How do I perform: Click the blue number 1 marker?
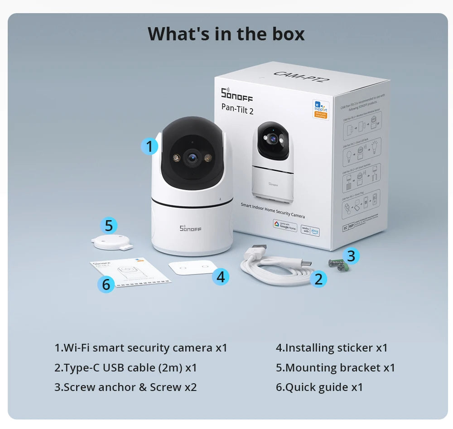point(149,146)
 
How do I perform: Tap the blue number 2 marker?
point(318,279)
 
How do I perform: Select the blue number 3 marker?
point(351,256)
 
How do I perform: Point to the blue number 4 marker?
point(220,276)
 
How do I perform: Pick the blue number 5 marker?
point(109,225)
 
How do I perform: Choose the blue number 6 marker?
point(106,284)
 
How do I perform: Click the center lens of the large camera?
point(192,158)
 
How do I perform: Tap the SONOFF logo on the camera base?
point(190,229)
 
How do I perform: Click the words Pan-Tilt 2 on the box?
point(237,108)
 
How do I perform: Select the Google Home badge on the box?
point(285,225)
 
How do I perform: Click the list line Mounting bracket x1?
point(335,368)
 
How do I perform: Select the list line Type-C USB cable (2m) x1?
point(126,368)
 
